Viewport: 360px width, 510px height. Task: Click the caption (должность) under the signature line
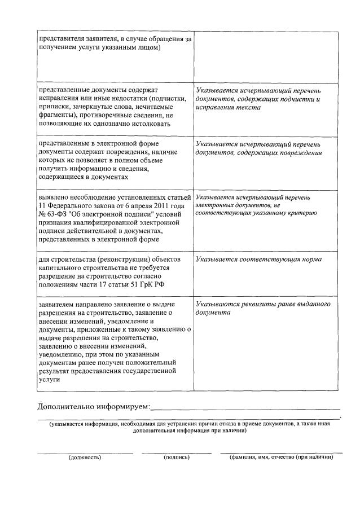(x=85, y=458)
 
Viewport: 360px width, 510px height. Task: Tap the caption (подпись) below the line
(x=177, y=458)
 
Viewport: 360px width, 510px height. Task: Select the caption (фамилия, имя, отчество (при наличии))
(x=281, y=458)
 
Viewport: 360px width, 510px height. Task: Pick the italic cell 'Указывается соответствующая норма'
(x=259, y=260)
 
